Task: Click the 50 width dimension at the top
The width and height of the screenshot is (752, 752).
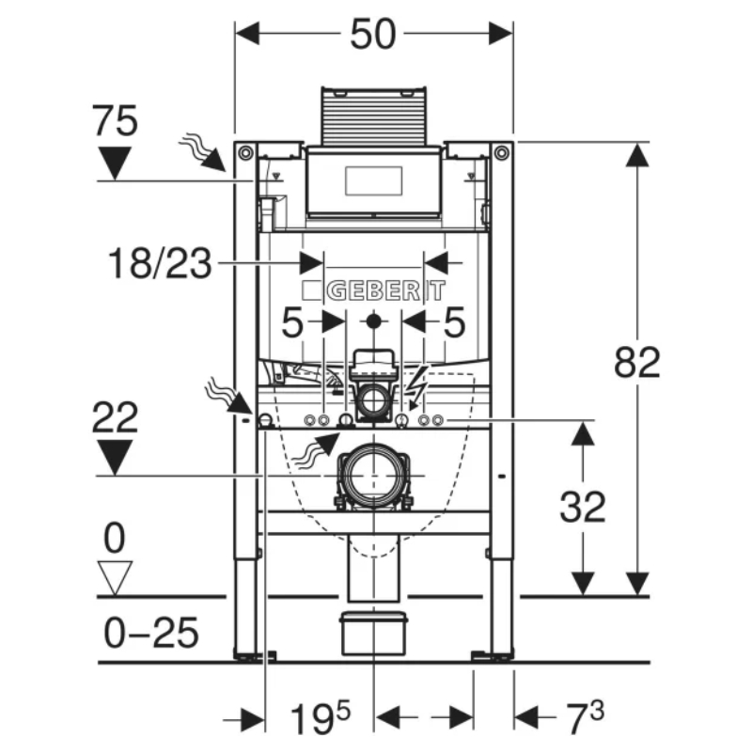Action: [x=374, y=35]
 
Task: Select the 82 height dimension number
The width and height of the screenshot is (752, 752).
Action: [x=637, y=362]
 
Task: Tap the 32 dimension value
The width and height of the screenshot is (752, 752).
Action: [x=583, y=508]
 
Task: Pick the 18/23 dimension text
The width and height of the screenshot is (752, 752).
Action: [x=158, y=264]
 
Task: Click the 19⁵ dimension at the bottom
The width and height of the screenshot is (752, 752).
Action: [x=320, y=721]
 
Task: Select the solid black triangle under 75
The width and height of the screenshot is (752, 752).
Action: [x=116, y=163]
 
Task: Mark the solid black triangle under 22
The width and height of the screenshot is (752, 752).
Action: [x=116, y=458]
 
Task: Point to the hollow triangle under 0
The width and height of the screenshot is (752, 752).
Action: [x=116, y=576]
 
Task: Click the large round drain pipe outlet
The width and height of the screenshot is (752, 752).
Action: [x=374, y=475]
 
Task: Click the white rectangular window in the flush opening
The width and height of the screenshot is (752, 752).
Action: [x=374, y=179]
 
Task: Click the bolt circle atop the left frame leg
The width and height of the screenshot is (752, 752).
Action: [x=245, y=152]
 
